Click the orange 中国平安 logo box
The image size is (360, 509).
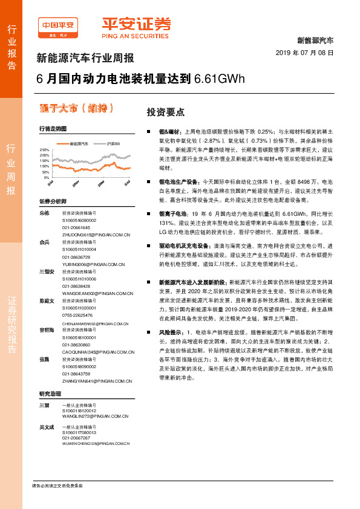tap(57, 25)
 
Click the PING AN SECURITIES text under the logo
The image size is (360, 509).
tap(134, 36)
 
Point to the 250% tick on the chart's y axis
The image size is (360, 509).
tap(45, 149)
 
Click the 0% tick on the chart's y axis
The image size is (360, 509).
tap(47, 178)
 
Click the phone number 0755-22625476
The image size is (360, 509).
tap(77, 315)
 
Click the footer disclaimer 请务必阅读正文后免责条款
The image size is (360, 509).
tap(57, 486)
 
